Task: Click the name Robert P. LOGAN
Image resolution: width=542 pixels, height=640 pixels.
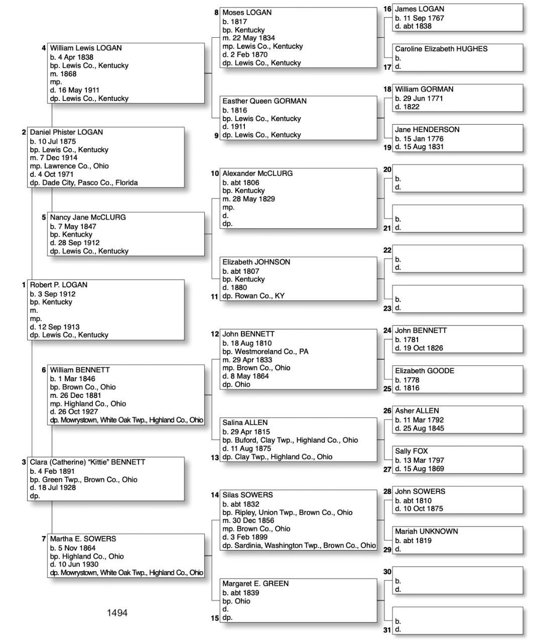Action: pos(58,285)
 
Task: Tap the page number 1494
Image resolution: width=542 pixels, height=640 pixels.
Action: pos(117,613)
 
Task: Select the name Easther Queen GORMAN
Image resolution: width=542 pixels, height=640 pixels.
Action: pos(264,101)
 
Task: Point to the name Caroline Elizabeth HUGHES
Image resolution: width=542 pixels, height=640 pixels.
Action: pos(441,49)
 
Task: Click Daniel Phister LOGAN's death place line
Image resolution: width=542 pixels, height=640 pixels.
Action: pos(83,183)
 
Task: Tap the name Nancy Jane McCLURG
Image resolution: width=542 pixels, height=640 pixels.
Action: pos(88,218)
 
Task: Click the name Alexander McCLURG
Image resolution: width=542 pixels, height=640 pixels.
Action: pos(257,173)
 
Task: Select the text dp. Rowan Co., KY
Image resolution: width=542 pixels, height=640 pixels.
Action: pos(253,296)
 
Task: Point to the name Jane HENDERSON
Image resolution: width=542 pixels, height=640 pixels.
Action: pos(427,130)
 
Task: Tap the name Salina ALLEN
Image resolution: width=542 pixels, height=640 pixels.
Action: pos(245,422)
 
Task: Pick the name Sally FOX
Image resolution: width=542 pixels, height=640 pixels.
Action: pos(411,451)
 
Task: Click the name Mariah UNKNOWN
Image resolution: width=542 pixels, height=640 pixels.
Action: pos(426,531)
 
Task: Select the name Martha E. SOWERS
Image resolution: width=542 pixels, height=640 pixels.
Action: pos(83,539)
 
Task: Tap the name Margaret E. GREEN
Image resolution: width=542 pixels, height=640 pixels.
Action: pos(255,584)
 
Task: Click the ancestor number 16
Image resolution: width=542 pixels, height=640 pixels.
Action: pos(387,9)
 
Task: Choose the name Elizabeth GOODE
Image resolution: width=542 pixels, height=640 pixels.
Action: pos(424,371)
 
